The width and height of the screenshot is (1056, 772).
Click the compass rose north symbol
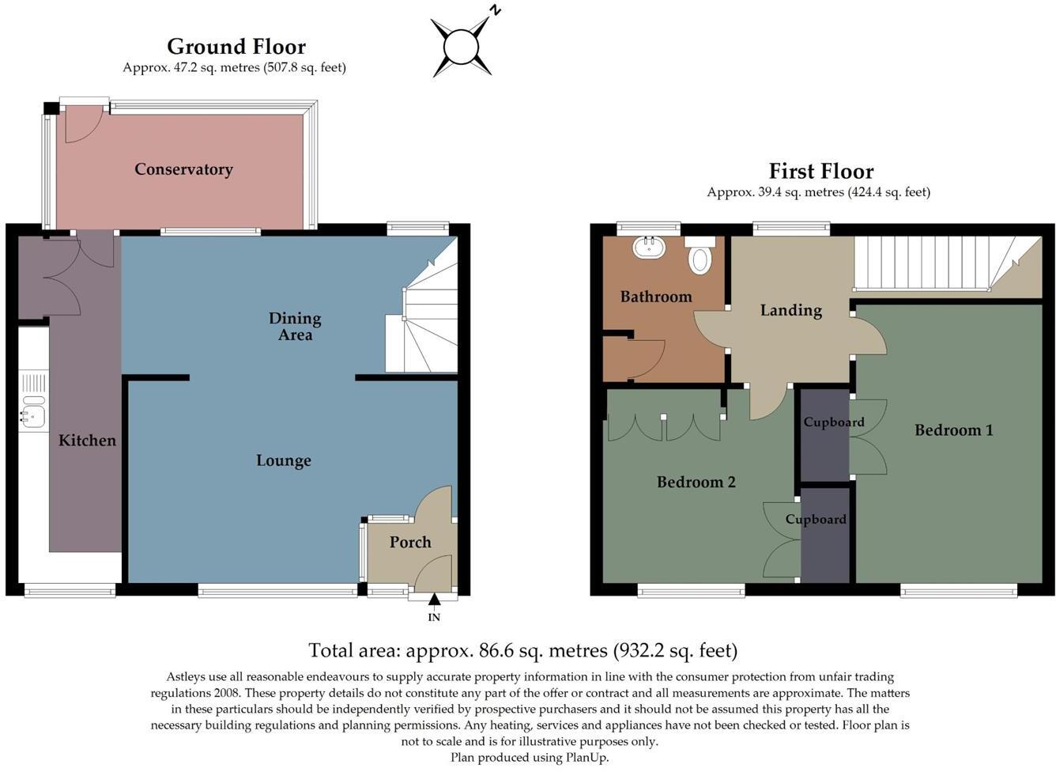tap(462, 47)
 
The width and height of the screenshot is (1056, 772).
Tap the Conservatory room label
tap(183, 169)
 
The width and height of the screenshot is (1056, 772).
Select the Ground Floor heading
tap(236, 47)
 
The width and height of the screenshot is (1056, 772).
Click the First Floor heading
tap(821, 172)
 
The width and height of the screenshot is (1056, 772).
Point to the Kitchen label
tap(87, 441)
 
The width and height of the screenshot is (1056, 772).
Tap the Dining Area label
tap(295, 326)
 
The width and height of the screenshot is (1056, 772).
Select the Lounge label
tap(283, 460)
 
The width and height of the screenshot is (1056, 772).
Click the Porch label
tap(410, 542)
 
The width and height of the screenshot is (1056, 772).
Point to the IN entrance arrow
tap(434, 604)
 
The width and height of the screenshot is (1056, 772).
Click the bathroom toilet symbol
tap(700, 259)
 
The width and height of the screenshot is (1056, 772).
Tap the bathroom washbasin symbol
tap(650, 248)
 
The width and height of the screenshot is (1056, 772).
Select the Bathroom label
tap(655, 297)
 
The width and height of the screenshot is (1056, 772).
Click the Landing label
tap(790, 310)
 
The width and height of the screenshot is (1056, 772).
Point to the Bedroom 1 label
tap(953, 430)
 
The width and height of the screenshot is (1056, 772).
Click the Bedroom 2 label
tap(696, 482)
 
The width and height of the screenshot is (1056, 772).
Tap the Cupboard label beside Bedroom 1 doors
tap(833, 422)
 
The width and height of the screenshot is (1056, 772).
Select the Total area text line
tap(522, 650)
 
